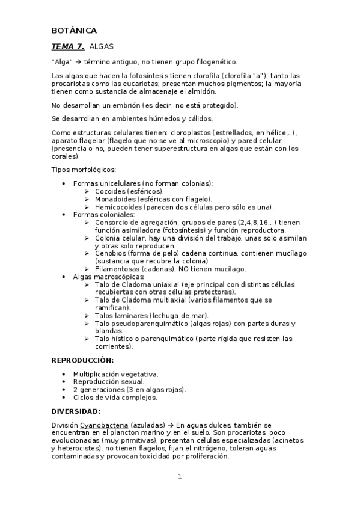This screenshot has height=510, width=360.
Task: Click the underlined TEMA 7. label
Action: (68, 46)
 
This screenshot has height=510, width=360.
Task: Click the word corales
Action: (64, 155)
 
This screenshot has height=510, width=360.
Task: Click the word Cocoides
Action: (111, 191)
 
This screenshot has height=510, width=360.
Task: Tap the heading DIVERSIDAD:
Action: (76, 411)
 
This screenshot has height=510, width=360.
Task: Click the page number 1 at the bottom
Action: (179, 478)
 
